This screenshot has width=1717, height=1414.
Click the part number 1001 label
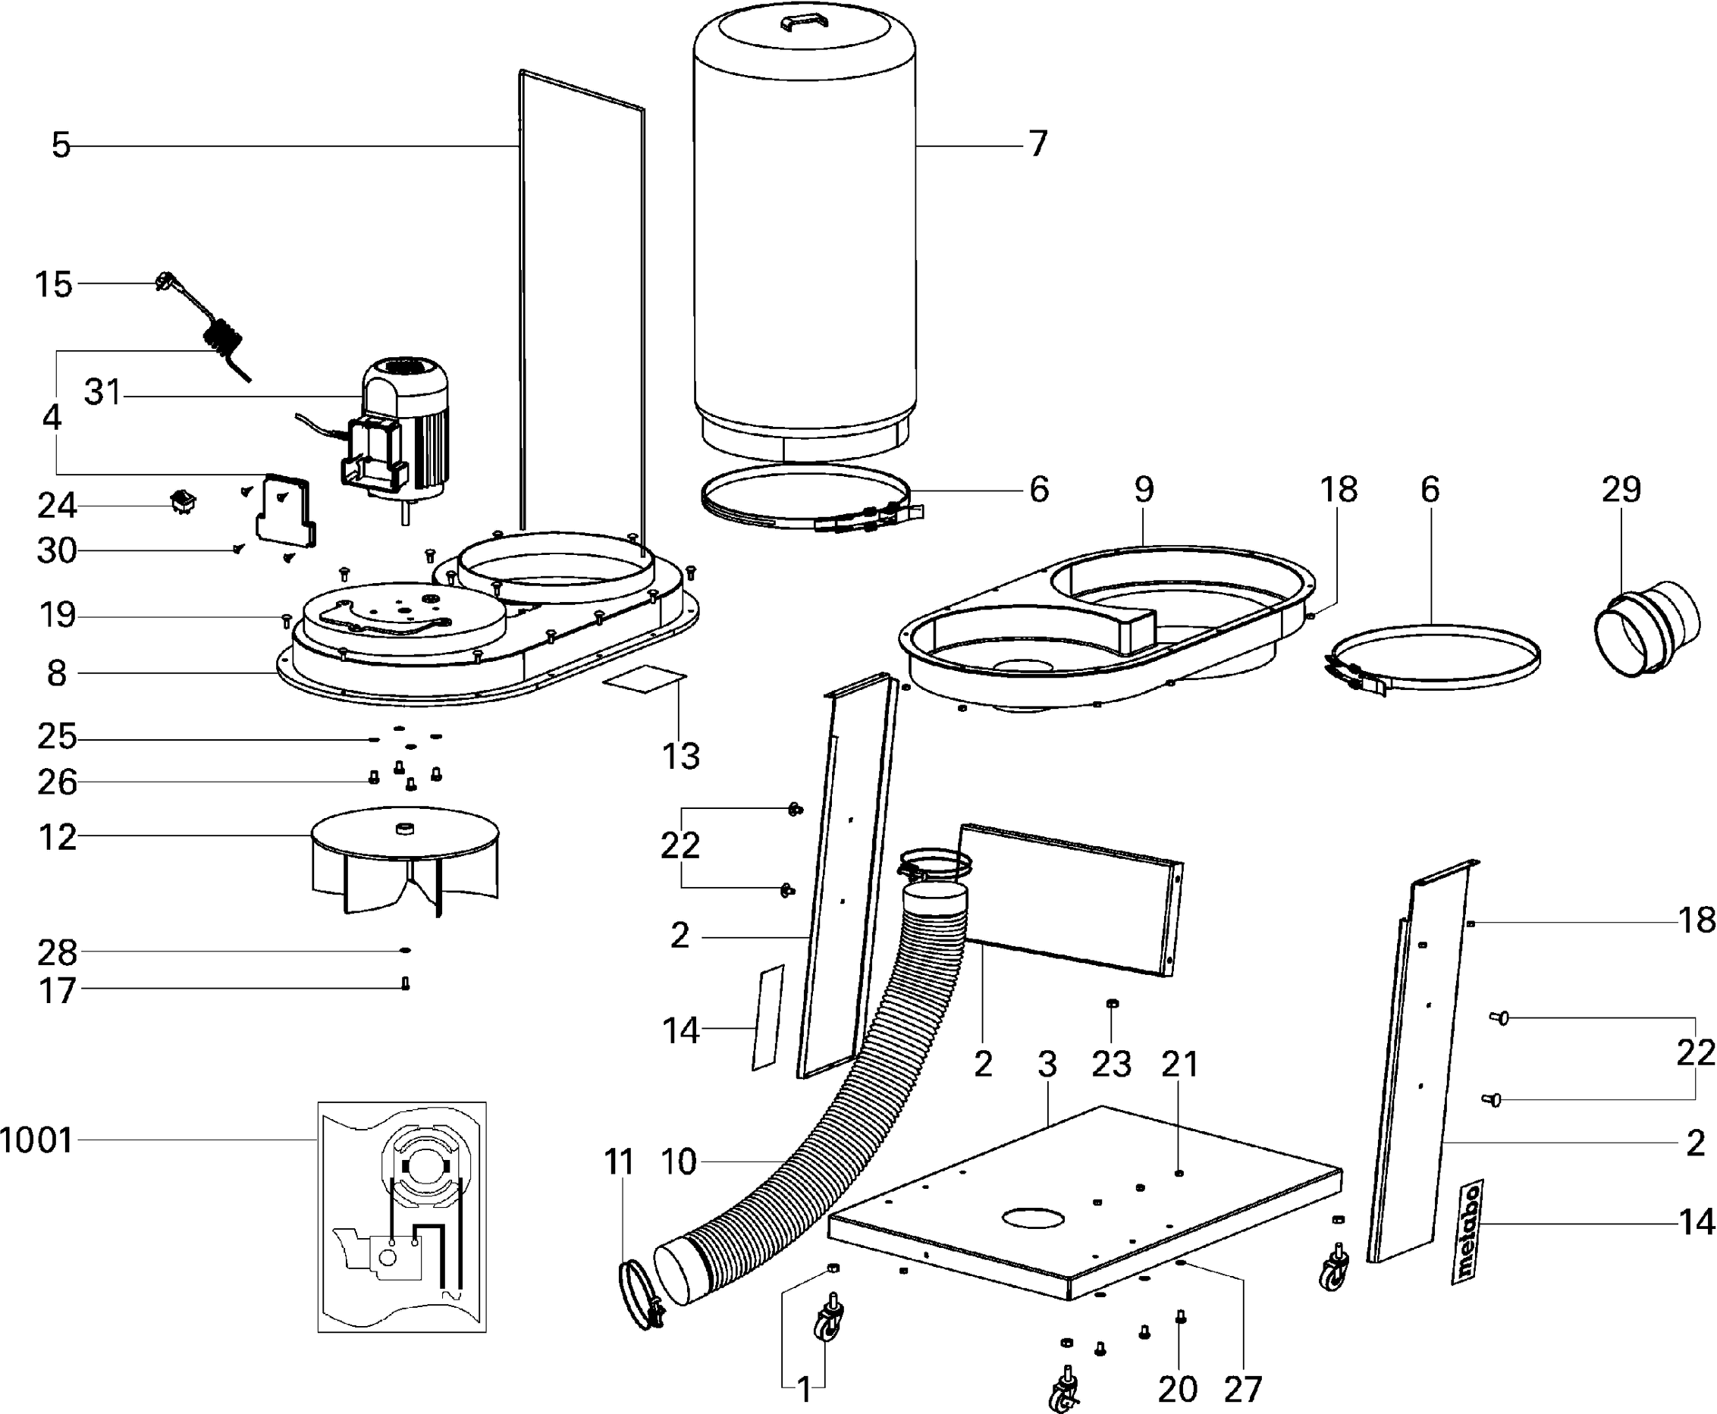click(36, 1141)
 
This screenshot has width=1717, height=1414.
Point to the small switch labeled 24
click(182, 503)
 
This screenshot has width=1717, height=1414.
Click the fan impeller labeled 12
click(405, 859)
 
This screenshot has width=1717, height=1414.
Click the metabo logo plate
click(1467, 1231)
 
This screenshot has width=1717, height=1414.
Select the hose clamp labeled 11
click(640, 1294)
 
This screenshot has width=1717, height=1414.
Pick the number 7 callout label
click(1037, 144)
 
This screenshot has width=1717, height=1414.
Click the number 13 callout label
click(681, 757)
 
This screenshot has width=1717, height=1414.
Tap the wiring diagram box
click(401, 1217)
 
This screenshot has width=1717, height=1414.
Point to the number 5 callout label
click(61, 146)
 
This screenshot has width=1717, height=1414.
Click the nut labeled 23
click(1113, 1004)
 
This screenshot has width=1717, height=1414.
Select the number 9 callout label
click(1144, 489)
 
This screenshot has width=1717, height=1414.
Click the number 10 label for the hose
click(679, 1162)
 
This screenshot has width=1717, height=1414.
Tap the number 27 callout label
click(1241, 1389)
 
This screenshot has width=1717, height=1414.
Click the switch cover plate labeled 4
click(285, 509)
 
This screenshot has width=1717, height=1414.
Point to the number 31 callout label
click(102, 393)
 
